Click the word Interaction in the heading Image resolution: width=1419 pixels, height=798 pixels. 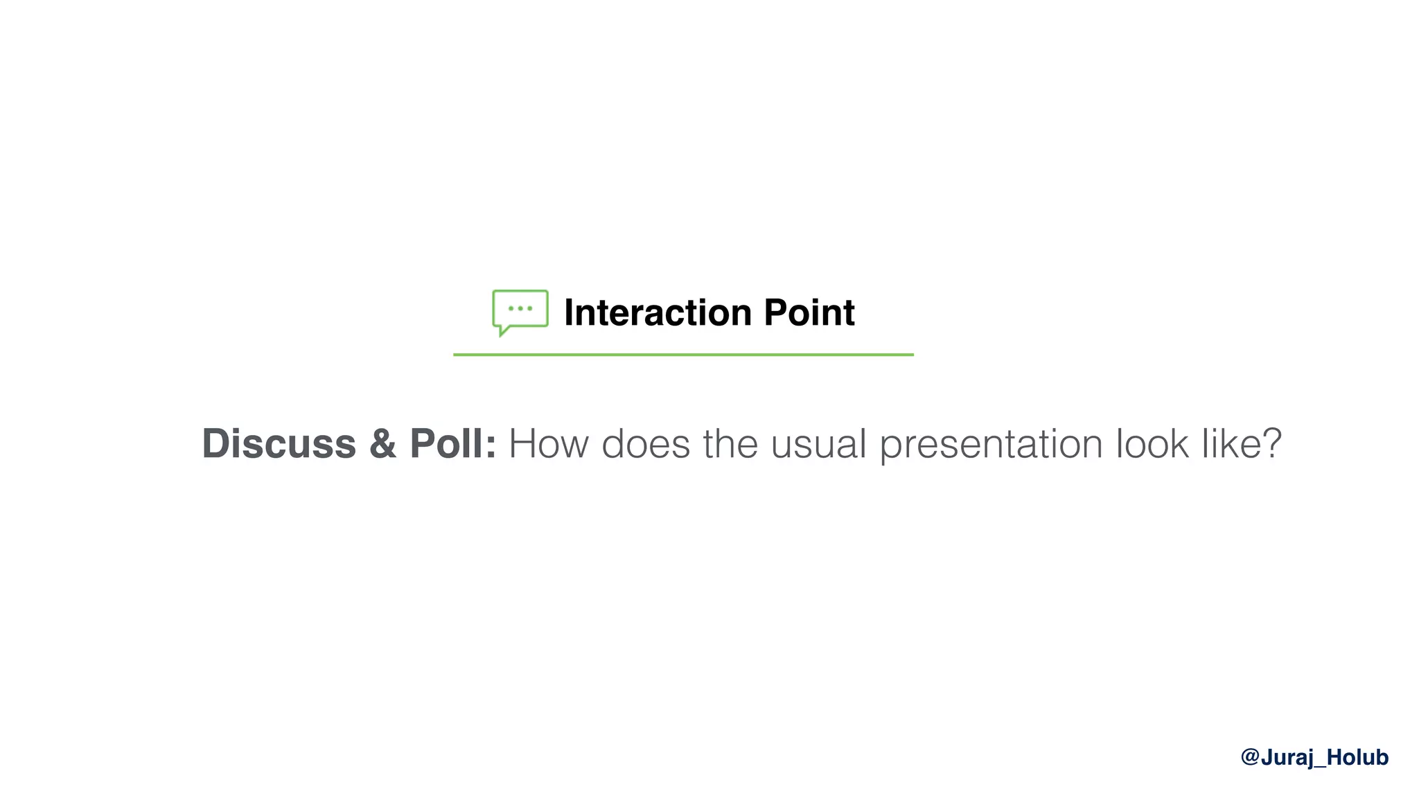click(658, 312)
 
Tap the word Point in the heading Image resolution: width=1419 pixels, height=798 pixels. click(809, 312)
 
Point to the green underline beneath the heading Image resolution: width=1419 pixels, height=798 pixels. click(683, 355)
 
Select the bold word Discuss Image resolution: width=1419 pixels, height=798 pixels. click(279, 443)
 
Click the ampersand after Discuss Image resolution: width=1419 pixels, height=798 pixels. click(382, 444)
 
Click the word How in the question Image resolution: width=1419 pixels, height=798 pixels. click(548, 443)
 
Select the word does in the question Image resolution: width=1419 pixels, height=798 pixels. click(646, 443)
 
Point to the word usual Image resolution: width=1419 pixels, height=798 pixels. click(818, 443)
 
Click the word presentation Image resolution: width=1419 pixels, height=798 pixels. click(991, 445)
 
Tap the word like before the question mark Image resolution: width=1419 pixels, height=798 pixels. click(1227, 443)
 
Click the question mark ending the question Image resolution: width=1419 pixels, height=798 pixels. click(1271, 443)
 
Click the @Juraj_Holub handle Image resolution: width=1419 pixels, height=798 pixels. click(1314, 757)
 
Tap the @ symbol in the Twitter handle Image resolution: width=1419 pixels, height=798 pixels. click(1250, 757)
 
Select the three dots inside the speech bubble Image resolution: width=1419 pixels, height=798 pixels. click(520, 308)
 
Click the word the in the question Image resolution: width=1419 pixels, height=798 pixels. click(730, 443)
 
